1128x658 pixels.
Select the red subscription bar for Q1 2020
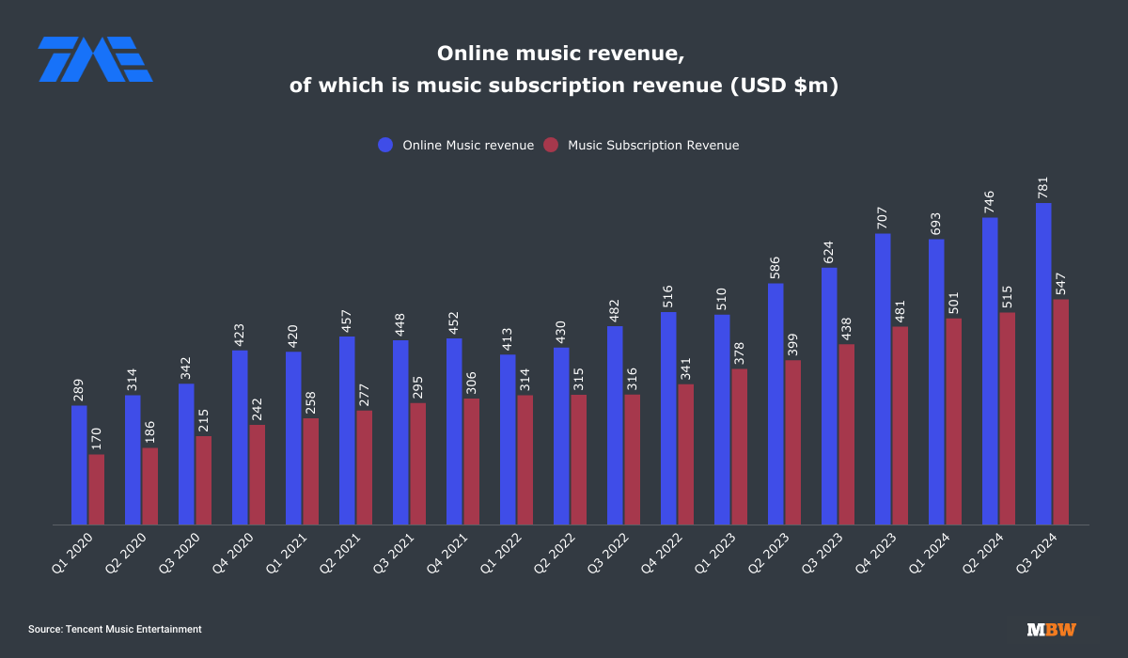pos(97,490)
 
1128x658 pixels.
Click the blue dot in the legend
pos(385,146)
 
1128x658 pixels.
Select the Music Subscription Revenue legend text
pos(653,146)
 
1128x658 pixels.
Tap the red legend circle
pos(551,146)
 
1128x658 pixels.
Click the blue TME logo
pos(95,58)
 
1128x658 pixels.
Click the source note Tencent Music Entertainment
pos(115,629)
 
